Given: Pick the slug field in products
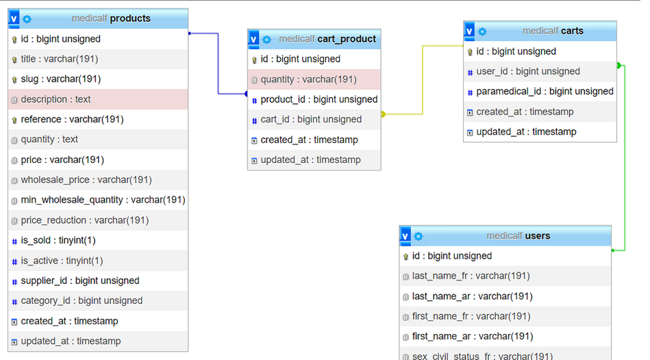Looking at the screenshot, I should pyautogui.click(x=60, y=79).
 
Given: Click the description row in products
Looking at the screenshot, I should pyautogui.click(x=55, y=99).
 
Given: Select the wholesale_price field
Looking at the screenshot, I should pyautogui.click(x=86, y=180).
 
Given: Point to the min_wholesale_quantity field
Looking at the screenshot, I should pyautogui.click(x=103, y=200).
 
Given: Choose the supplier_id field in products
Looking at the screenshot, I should pyautogui.click(x=79, y=281).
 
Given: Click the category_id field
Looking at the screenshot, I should pyautogui.click(x=82, y=300).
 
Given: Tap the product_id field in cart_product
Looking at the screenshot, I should pyautogui.click(x=318, y=99).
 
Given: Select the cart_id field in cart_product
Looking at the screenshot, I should pyautogui.click(x=311, y=119).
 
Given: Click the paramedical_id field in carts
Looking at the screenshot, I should pyautogui.click(x=545, y=91).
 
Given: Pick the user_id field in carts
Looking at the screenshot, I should pyautogui.click(x=528, y=71).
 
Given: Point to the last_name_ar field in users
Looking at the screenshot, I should pyautogui.click(x=472, y=296).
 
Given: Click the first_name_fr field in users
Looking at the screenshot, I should pyautogui.click(x=471, y=316).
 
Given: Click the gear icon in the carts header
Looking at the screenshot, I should pyautogui.click(x=483, y=31).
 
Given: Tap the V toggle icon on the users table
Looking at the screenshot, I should pyautogui.click(x=405, y=236).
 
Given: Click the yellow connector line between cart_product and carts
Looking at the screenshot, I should pyautogui.click(x=423, y=82).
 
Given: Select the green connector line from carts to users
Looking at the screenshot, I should pyautogui.click(x=625, y=157).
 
